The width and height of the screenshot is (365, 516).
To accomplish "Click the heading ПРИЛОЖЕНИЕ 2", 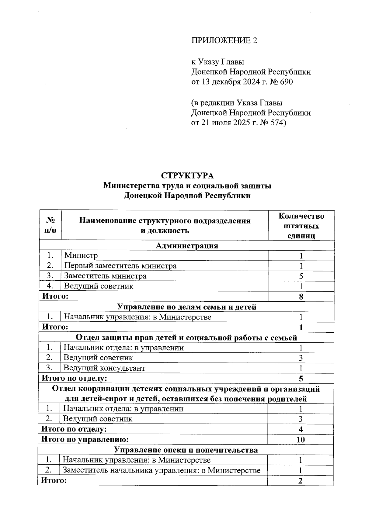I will [x=224, y=40].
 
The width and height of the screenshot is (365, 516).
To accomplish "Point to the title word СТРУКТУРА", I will [x=187, y=176].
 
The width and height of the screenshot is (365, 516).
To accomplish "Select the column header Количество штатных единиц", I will [x=301, y=226].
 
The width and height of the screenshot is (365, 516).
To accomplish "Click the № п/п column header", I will [x=50, y=226].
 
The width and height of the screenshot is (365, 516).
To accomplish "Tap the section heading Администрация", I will [x=187, y=246].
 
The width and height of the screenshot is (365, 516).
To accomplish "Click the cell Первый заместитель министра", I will [x=120, y=266].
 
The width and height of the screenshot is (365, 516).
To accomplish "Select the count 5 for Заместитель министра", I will [x=301, y=276].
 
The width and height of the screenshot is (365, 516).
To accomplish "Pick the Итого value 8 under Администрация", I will [x=301, y=297].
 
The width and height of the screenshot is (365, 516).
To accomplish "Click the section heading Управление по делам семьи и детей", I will [x=187, y=307].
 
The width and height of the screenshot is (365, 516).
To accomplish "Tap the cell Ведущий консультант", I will [x=104, y=368].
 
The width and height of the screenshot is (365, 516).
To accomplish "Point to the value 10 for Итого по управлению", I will [x=301, y=439].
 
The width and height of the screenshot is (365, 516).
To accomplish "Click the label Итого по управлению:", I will [x=85, y=439].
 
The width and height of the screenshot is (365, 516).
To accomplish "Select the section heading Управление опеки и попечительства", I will [x=186, y=450].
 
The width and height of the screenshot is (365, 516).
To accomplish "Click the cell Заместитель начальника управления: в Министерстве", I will [x=162, y=470].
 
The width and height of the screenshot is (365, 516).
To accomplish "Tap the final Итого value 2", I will [x=301, y=481].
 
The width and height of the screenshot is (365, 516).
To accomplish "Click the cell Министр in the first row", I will [x=81, y=255].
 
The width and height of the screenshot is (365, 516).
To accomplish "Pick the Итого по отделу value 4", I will [x=301, y=429].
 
